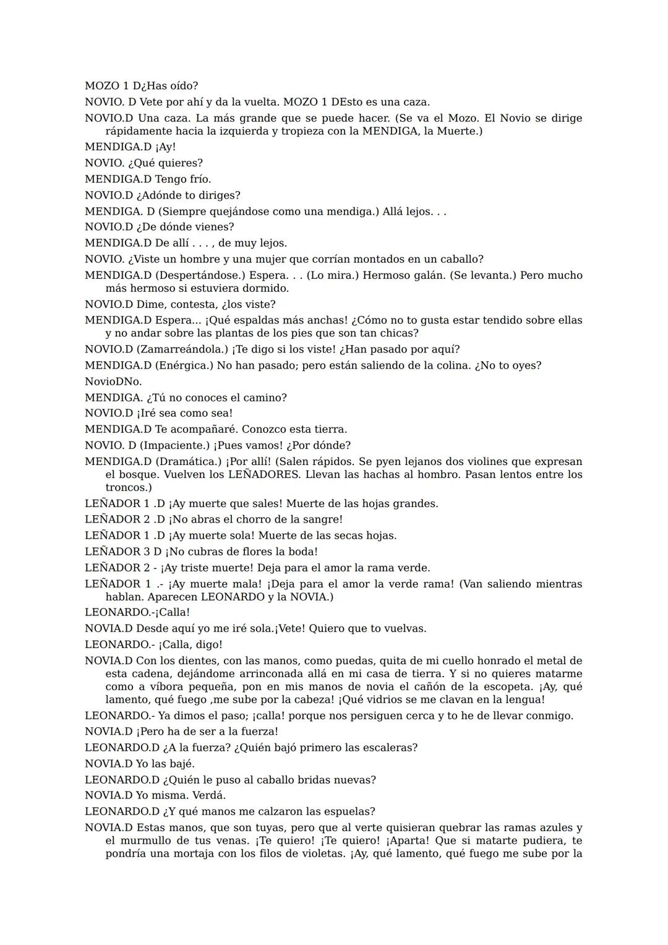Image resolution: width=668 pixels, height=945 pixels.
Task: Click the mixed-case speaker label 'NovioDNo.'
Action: (113, 382)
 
